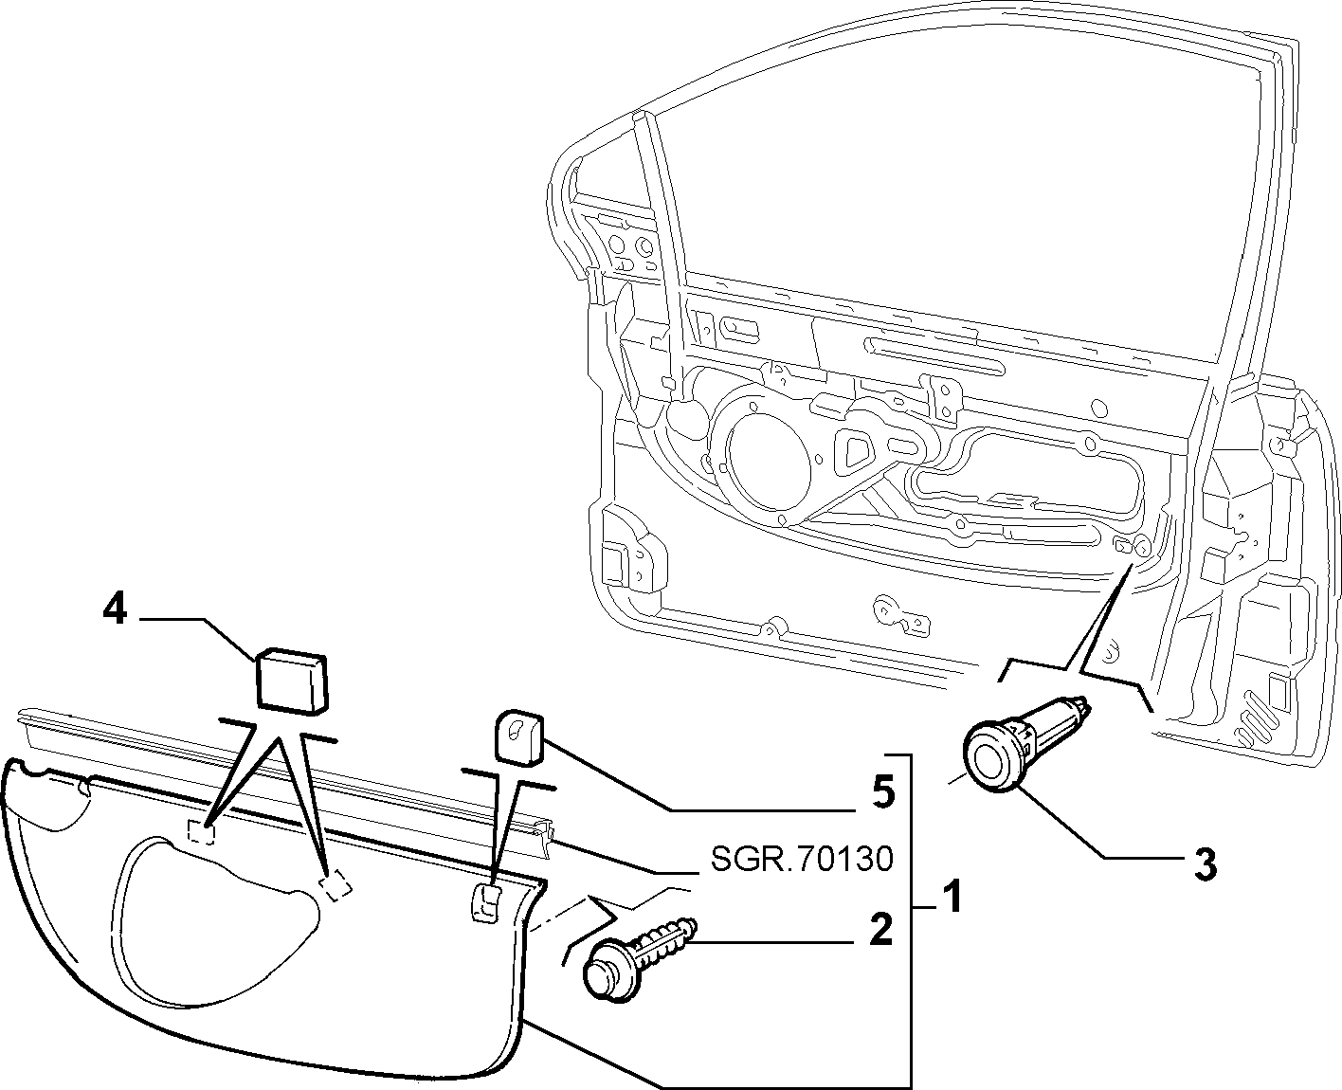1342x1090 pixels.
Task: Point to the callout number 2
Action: click(x=880, y=929)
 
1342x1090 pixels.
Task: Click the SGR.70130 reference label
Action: click(x=802, y=859)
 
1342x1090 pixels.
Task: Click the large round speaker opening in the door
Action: click(x=768, y=454)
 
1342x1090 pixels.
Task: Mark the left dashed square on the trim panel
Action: click(x=202, y=831)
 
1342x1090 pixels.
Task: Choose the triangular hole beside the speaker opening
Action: click(x=854, y=452)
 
